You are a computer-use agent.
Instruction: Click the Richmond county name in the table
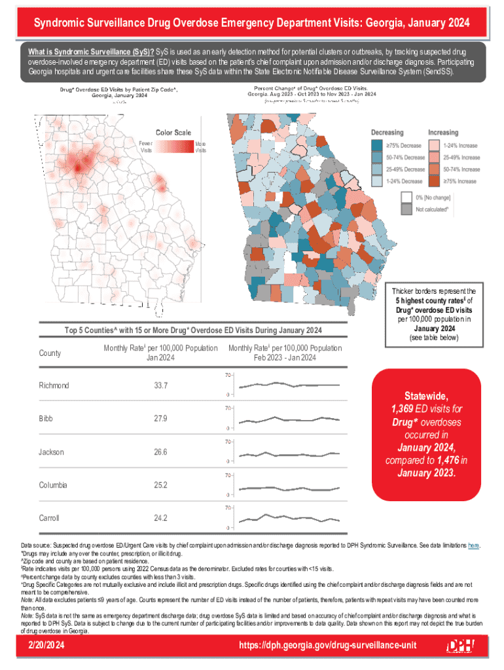[54, 385]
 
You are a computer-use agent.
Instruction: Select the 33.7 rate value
[160, 385]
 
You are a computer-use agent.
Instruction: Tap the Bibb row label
[46, 418]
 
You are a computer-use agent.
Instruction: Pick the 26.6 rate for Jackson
[160, 452]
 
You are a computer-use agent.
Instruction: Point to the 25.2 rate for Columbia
[160, 485]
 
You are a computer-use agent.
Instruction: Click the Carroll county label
[49, 518]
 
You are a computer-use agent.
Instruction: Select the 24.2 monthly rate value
[160, 518]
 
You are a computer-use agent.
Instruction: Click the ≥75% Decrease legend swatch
[376, 145]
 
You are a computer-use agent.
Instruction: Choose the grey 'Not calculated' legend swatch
[406, 209]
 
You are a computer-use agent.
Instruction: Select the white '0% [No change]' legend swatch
[406, 197]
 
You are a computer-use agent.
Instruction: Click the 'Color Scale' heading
[173, 133]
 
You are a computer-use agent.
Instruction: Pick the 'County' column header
[50, 353]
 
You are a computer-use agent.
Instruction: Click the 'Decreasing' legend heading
[387, 132]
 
